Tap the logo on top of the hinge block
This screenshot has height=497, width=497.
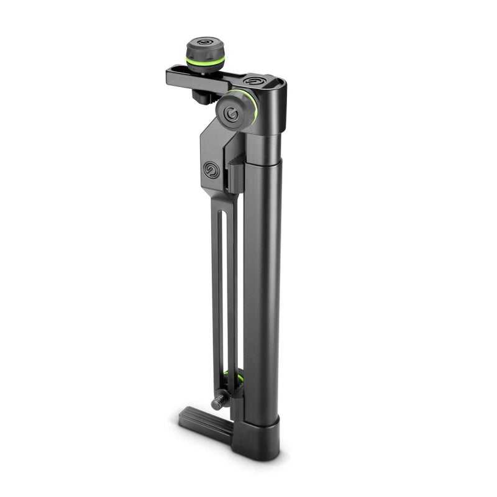pos(255,80)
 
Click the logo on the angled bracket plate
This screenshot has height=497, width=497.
pos(209,170)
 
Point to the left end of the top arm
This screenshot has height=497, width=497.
pos(171,76)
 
